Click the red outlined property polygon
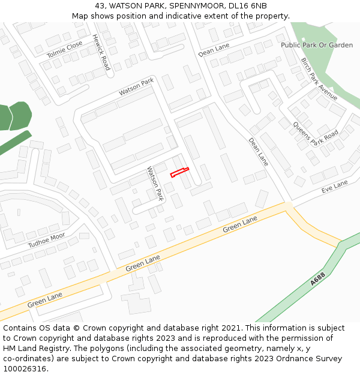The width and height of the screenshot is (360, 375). [179, 172]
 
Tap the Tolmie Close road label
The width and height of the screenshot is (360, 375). [65, 50]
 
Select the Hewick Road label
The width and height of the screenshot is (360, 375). [101, 52]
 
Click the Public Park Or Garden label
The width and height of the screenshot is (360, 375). [317, 45]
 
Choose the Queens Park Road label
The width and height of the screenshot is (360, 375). [316, 134]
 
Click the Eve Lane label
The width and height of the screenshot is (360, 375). [335, 186]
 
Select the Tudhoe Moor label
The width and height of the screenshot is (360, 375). [46, 241]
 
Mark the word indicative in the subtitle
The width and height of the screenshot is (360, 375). [180, 16]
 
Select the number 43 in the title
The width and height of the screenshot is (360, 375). [100, 6]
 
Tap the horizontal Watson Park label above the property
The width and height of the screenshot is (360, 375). [136, 87]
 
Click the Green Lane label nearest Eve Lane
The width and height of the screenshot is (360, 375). [240, 225]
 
